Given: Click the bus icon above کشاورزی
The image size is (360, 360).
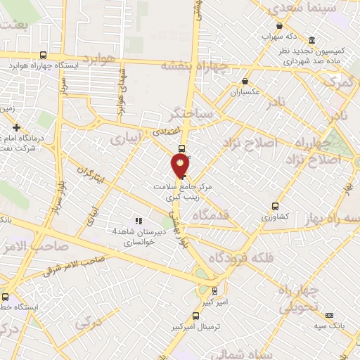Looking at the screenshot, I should pos(275,207).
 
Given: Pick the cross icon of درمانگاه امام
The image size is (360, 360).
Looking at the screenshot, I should pos(16,127).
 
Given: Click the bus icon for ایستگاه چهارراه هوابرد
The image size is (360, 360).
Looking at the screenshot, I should pos(44,55).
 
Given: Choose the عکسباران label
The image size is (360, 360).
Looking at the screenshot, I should pos(245,92).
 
